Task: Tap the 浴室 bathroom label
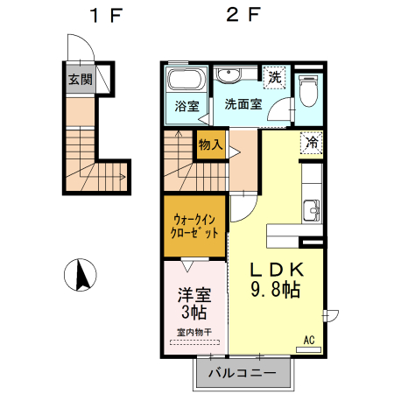pos(186,107)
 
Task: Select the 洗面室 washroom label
pos(242,104)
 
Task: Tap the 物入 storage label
pos(211,144)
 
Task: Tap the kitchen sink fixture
pos(312,211)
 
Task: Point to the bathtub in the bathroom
pos(185,82)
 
